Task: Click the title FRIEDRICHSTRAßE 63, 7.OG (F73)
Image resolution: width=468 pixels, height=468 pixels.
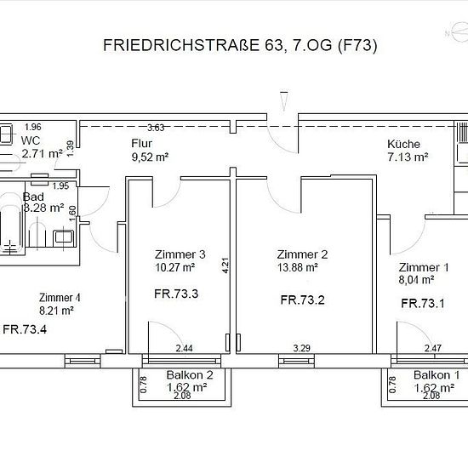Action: coord(240,46)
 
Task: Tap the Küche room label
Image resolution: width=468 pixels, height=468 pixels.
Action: coord(403,144)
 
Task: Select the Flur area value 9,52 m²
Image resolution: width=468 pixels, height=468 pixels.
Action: coord(150,157)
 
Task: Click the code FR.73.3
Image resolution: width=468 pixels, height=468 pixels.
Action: coord(176,294)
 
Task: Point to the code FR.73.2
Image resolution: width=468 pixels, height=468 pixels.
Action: coord(302,300)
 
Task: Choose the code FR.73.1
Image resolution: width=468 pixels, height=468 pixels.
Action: coord(423,304)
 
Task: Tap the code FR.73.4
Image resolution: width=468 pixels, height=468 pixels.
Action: coord(25,329)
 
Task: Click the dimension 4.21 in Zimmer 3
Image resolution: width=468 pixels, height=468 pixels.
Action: coord(225,265)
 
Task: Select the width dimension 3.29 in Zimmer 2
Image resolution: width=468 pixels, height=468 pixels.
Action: coord(302,348)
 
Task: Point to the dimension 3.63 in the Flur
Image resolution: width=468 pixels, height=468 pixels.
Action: coord(156,128)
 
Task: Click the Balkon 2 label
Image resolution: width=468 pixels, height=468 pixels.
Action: coord(190,375)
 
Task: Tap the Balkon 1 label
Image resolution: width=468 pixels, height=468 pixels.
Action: coord(437,375)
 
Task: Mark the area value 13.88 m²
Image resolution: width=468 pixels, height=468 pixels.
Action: coord(297,267)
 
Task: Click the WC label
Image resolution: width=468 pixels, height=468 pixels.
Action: coord(31,140)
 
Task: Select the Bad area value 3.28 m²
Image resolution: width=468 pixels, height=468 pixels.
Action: coord(43,208)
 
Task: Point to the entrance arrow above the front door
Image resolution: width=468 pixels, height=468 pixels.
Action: coord(284,101)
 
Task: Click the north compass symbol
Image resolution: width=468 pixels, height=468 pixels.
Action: coord(458,31)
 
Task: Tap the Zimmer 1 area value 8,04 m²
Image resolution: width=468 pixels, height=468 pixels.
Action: coord(416,280)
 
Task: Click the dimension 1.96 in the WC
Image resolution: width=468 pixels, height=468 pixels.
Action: coord(33,127)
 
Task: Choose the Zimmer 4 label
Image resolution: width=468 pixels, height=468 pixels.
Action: coord(60,298)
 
